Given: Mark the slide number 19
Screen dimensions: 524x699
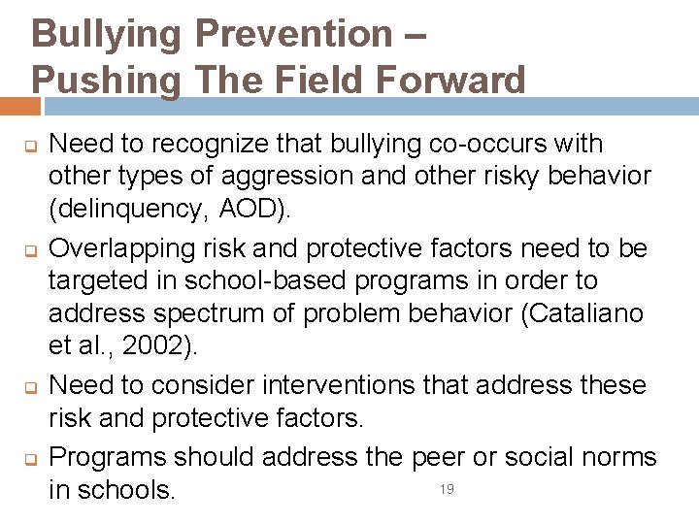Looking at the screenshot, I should tap(447, 489).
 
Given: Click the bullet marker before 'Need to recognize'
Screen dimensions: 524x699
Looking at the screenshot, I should tap(29, 147).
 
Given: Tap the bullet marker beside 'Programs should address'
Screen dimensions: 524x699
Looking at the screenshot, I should tap(29, 459).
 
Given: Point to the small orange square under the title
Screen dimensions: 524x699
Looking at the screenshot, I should tap(20, 106).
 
